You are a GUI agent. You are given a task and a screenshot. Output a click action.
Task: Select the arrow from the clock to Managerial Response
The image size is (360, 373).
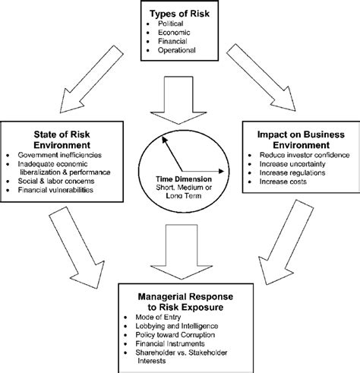coord(179,244)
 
